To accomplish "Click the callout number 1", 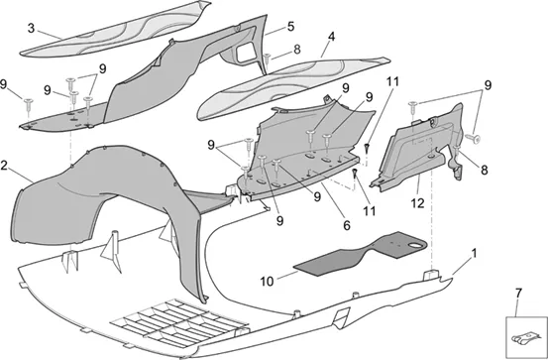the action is pyautogui.click(x=474, y=253).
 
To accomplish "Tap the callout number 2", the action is pyautogui.click(x=4, y=166).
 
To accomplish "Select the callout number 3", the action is pyautogui.click(x=31, y=29).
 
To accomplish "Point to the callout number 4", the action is pyautogui.click(x=331, y=37).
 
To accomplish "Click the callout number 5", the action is pyautogui.click(x=290, y=27).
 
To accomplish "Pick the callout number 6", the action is pyautogui.click(x=347, y=226).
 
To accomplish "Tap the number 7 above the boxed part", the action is pyautogui.click(x=518, y=294).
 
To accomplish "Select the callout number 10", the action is pyautogui.click(x=267, y=282).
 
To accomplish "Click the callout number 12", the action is pyautogui.click(x=417, y=203).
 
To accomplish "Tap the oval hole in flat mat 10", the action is pyautogui.click(x=416, y=246).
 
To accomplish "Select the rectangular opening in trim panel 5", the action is pyautogui.click(x=246, y=52).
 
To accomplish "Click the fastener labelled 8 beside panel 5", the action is pyautogui.click(x=268, y=59).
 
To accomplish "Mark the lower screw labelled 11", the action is pyautogui.click(x=355, y=174).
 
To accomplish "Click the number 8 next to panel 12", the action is pyautogui.click(x=484, y=171).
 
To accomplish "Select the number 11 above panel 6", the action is pyautogui.click(x=392, y=81).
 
